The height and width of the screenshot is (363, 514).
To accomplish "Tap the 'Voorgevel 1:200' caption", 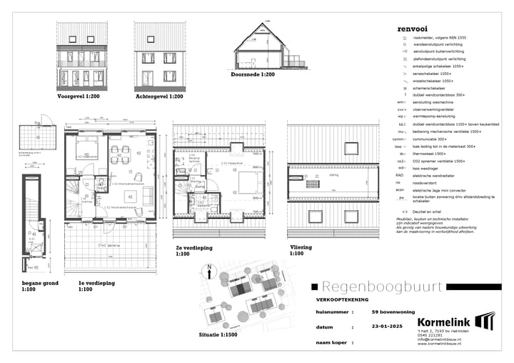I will [80, 95].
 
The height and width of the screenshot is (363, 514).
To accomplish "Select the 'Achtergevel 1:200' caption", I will [158, 95].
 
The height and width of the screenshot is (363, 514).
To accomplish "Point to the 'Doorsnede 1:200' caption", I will [253, 74].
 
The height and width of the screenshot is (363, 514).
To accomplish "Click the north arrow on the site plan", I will [208, 272].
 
